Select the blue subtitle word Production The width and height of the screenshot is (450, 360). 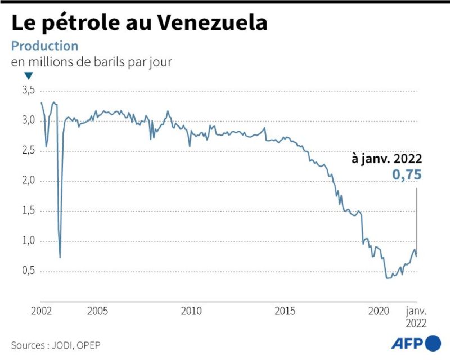(44, 46)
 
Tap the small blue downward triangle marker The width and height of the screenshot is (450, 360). (29, 76)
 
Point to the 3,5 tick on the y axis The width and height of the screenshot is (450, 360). (29, 90)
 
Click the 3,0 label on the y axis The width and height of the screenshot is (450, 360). (29, 120)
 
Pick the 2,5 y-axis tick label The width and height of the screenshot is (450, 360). (29, 150)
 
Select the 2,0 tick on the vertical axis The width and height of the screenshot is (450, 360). (29, 181)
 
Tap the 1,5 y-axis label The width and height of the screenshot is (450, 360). (29, 210)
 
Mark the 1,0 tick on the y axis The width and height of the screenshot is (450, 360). (29, 240)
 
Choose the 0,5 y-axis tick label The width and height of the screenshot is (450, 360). (29, 271)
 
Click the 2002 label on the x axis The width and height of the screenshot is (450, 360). (41, 311)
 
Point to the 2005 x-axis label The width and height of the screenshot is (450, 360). (97, 311)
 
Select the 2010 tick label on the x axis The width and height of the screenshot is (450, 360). (191, 311)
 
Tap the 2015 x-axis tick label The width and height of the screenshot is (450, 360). (285, 311)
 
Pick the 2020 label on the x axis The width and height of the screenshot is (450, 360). (379, 311)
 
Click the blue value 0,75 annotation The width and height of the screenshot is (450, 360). (407, 174)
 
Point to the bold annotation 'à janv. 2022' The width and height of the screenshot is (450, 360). (387, 159)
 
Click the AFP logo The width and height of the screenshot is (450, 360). (416, 343)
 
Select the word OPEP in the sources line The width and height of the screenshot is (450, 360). (89, 345)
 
